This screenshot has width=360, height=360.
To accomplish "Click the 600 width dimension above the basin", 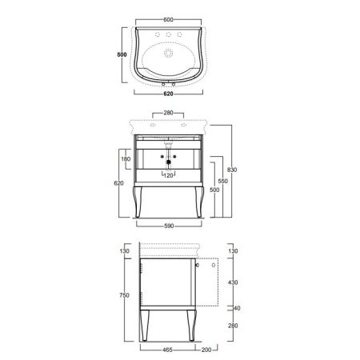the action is tap(168, 19).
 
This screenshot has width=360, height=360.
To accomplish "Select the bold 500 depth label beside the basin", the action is tap(122, 54).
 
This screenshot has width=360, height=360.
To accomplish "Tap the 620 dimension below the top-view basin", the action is tap(168, 94).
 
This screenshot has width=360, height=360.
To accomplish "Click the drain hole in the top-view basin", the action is tap(168, 54).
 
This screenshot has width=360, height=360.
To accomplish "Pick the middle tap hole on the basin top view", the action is tap(168, 34).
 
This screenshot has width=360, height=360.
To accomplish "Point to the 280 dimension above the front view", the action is tap(168, 113).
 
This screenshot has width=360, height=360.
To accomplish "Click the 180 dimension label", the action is tap(126, 159).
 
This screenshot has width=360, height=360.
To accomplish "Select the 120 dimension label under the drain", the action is tap(168, 175).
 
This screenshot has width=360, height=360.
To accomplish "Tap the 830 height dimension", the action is tap(232, 170).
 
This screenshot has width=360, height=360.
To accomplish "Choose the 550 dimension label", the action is tap(223, 182).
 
